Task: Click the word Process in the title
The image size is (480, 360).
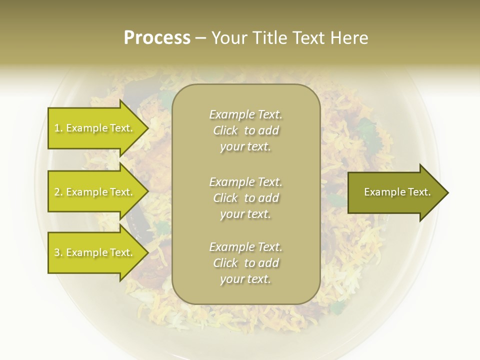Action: (x=157, y=38)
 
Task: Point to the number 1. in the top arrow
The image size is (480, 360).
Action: (x=58, y=128)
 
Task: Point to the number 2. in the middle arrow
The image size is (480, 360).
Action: (x=58, y=192)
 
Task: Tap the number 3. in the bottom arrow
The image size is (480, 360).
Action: (x=58, y=252)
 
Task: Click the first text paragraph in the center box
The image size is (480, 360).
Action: (x=245, y=130)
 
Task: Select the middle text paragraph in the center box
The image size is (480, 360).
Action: (x=245, y=198)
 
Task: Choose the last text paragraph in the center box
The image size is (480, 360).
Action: (x=245, y=263)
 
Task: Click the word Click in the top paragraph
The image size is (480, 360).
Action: (x=225, y=130)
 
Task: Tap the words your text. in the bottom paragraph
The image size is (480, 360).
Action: (x=245, y=279)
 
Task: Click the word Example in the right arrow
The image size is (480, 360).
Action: (x=382, y=192)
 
